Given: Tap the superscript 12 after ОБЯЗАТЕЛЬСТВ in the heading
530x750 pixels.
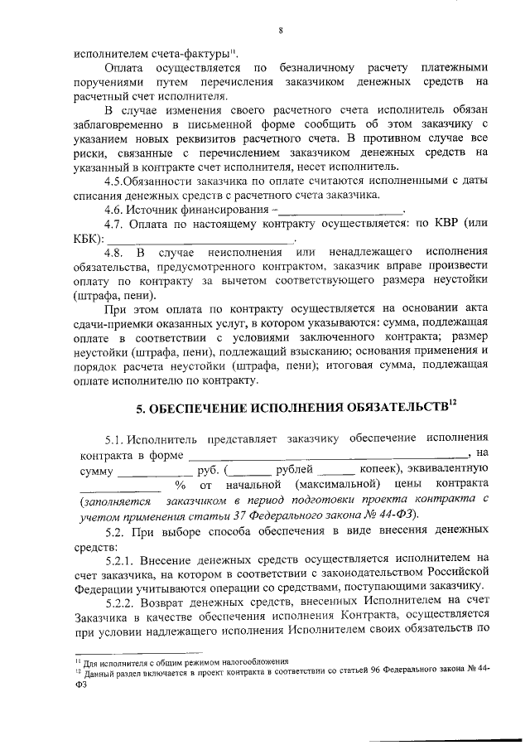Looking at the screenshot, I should pos(451,403).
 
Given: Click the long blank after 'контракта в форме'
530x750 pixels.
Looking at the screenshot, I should pos(327,454).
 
